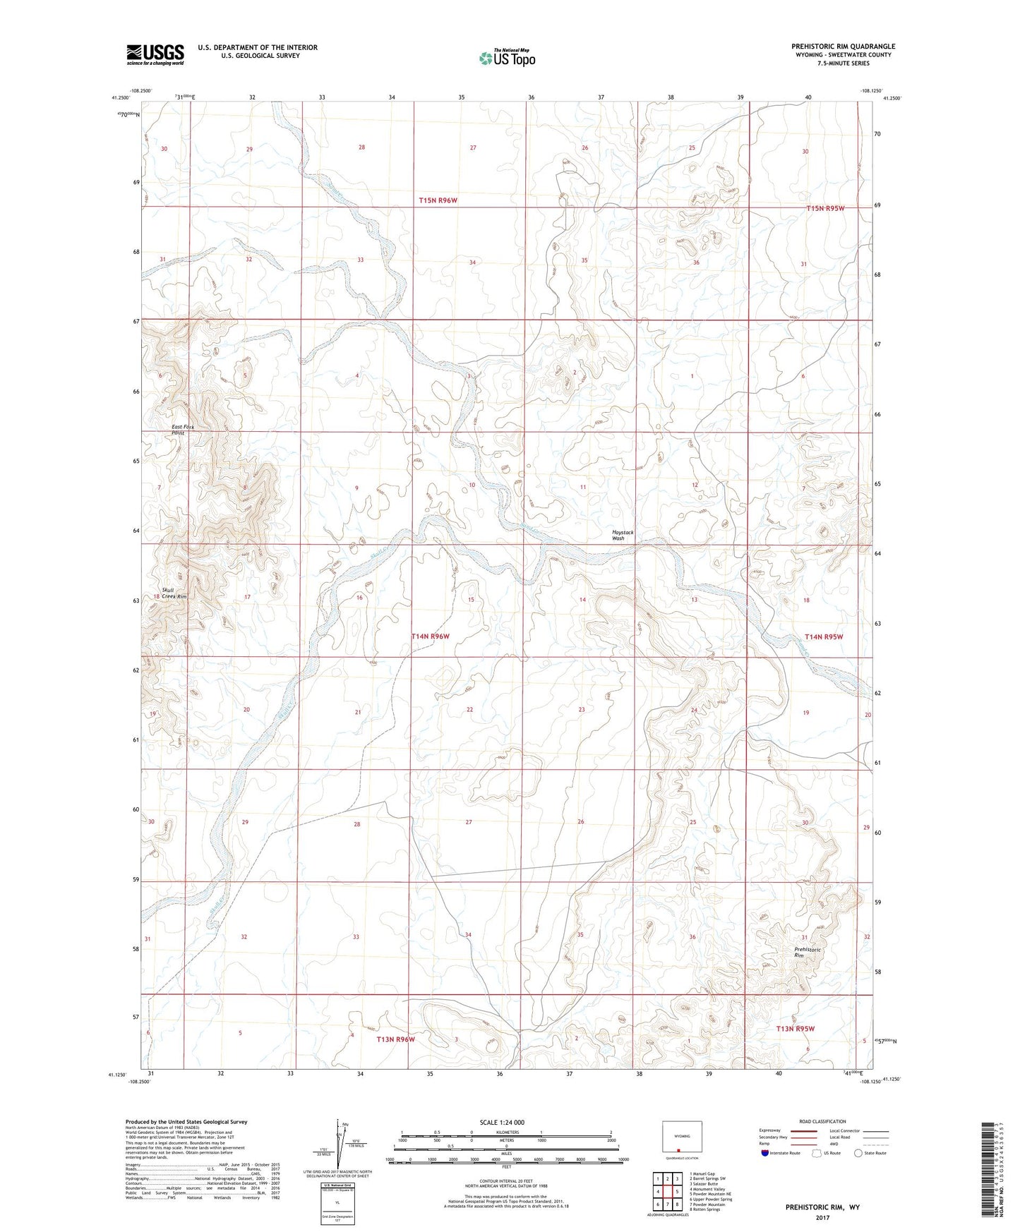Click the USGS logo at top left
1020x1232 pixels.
point(155,54)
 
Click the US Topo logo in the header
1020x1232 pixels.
point(507,58)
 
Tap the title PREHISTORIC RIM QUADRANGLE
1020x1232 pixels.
point(843,47)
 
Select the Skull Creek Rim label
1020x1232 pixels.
point(174,593)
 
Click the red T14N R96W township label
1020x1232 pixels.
point(430,636)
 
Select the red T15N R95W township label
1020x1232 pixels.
point(825,209)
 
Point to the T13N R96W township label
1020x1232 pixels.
point(395,1039)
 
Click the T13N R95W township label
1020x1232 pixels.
point(796,1029)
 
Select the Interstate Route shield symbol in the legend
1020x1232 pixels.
point(765,1153)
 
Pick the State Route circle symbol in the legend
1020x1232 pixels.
point(858,1153)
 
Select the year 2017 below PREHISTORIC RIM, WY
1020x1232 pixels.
point(822,1217)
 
